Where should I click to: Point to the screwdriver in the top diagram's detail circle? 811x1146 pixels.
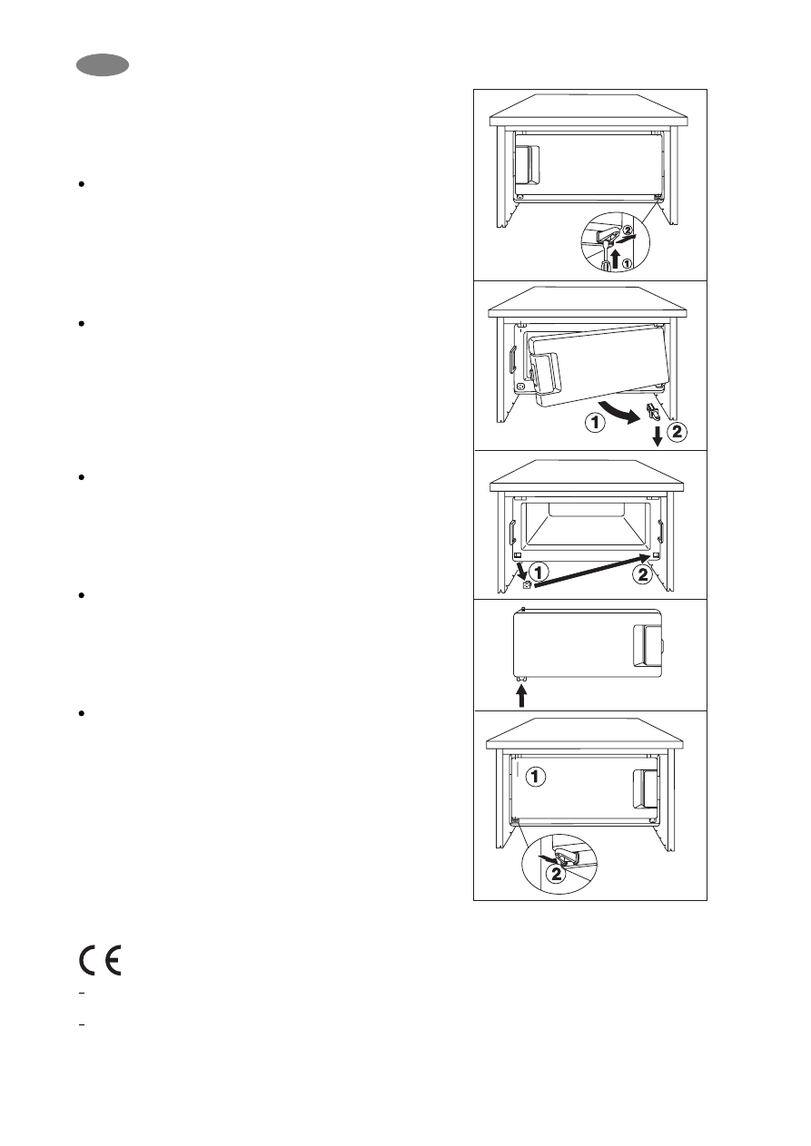tap(605, 256)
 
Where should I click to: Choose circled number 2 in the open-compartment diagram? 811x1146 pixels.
tap(641, 573)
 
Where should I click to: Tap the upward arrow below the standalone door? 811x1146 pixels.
tap(522, 696)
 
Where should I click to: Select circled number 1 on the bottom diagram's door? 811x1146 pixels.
tap(538, 777)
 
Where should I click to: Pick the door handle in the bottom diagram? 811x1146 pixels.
tap(644, 787)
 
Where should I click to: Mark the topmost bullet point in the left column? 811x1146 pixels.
tap(83, 184)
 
